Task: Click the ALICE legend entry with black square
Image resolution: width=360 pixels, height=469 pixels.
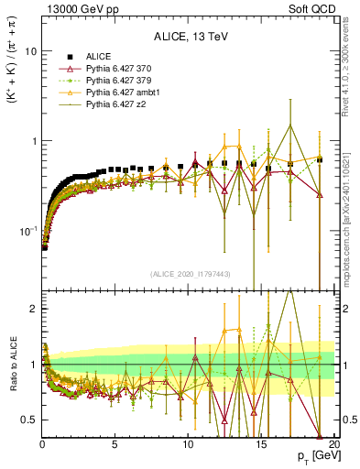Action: pyautogui.click(x=98, y=57)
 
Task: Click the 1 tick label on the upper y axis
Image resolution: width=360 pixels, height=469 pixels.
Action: pyautogui.click(x=32, y=141)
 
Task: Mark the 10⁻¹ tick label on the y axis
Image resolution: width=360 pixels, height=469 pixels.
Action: pyautogui.click(x=27, y=230)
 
